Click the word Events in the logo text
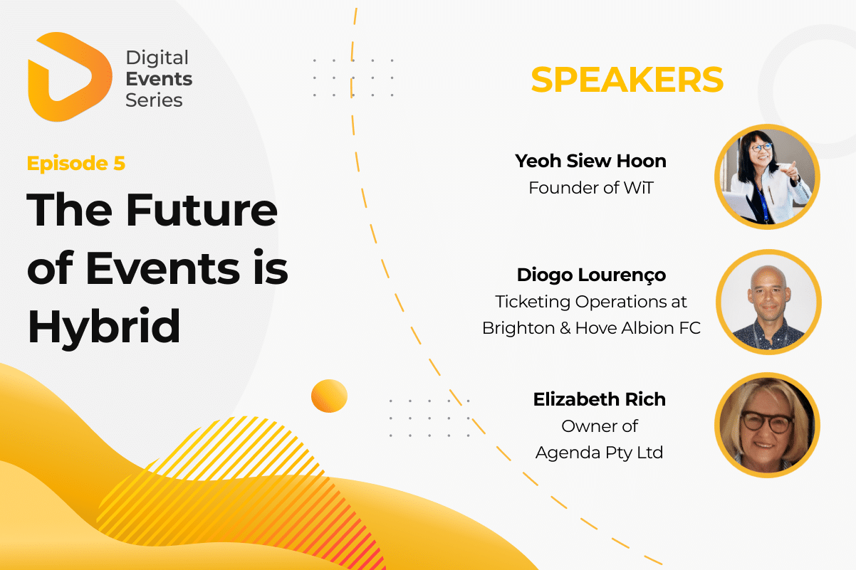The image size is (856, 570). click(x=159, y=79)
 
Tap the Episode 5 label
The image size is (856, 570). click(x=76, y=163)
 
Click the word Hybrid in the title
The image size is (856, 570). click(x=103, y=327)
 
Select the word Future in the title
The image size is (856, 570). click(x=202, y=210)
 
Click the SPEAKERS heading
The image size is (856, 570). click(x=627, y=80)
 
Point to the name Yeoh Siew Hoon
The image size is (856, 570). click(x=590, y=161)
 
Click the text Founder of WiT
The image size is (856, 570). click(x=591, y=188)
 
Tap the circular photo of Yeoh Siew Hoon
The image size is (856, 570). click(x=768, y=176)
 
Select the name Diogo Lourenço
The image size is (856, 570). click(x=591, y=275)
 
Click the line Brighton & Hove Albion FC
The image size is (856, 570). click(x=591, y=328)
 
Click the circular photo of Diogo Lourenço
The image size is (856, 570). click(x=768, y=302)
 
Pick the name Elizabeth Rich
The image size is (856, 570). click(x=599, y=399)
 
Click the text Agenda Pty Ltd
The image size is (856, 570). click(x=599, y=453)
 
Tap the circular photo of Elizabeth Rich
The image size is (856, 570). click(x=768, y=425)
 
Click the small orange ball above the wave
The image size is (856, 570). click(x=329, y=396)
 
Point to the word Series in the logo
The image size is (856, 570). click(x=154, y=100)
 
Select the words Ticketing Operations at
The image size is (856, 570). click(x=591, y=302)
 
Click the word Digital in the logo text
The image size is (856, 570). click(x=157, y=58)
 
